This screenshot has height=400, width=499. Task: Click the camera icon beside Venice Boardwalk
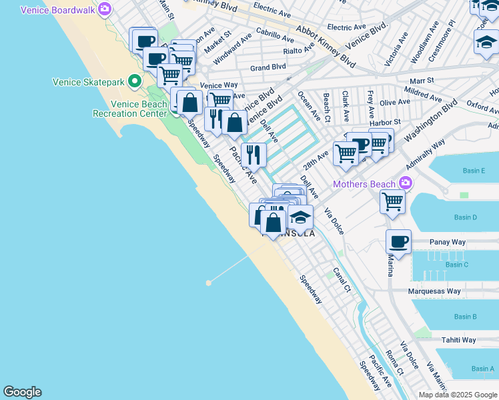tap(104, 9)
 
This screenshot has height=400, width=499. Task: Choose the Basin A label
tap(483, 369)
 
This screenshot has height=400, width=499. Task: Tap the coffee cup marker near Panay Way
tap(398, 242)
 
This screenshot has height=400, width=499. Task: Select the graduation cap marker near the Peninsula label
tap(300, 218)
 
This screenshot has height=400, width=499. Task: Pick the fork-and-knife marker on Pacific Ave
tap(254, 155)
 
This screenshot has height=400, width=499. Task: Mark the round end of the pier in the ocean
tap(209, 283)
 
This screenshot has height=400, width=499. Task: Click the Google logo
tap(22, 392)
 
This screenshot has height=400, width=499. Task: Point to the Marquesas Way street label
tap(435, 291)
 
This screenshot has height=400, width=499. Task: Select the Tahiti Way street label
tap(458, 340)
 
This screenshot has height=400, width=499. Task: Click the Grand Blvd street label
tap(268, 67)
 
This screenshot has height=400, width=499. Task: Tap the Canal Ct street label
tap(342, 280)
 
